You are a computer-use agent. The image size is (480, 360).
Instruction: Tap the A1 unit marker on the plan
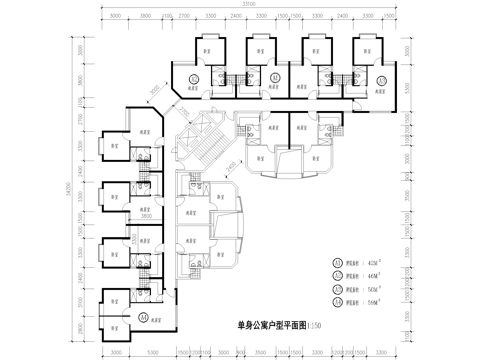click(x=144, y=316)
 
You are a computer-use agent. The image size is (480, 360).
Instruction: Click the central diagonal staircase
click(x=203, y=140)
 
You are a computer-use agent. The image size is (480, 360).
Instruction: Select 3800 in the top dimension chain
click(x=146, y=17)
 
